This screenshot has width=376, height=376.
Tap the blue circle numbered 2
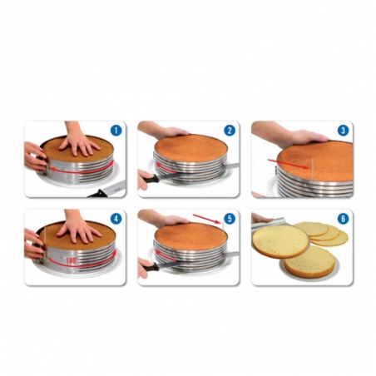click(229, 131)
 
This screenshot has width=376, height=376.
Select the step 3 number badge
click(342, 131)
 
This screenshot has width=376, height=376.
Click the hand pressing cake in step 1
click(81, 141)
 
